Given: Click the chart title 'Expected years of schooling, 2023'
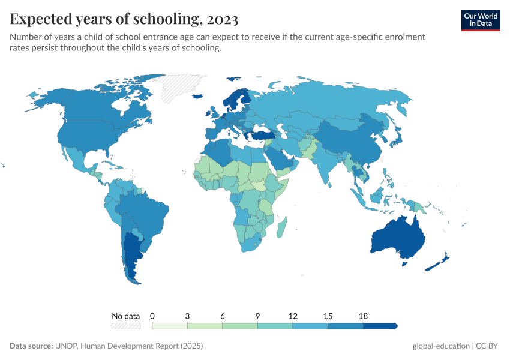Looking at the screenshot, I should (x=124, y=19).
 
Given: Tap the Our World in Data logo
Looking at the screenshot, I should (x=480, y=20).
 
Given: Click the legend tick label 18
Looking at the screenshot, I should (x=363, y=316).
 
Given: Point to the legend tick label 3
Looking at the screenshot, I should (x=187, y=316).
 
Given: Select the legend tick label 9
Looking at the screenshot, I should (x=257, y=316).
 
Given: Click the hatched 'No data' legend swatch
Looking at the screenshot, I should (x=125, y=326).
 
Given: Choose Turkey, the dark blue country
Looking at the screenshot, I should (x=265, y=136).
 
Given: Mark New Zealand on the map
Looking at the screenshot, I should (x=442, y=260).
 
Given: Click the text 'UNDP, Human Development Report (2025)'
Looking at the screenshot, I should (x=129, y=346).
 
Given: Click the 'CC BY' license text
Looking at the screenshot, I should (x=488, y=346).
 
